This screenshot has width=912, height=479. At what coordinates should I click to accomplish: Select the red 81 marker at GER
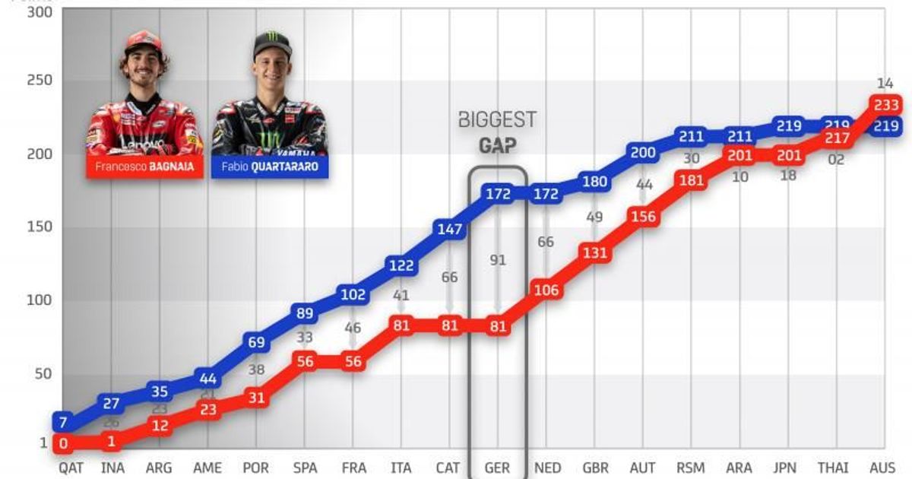(x=498, y=327)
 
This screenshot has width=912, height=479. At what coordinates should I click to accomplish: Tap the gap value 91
(x=498, y=260)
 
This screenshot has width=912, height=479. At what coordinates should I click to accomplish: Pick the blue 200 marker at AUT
(x=643, y=153)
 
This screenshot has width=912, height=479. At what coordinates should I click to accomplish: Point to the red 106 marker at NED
(x=546, y=290)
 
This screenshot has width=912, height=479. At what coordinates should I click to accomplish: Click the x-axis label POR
(x=256, y=468)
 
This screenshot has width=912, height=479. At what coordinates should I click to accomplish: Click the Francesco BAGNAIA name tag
(x=144, y=167)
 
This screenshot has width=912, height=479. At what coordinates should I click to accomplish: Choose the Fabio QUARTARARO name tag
(x=271, y=167)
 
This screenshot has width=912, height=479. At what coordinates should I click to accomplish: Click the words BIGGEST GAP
(x=498, y=131)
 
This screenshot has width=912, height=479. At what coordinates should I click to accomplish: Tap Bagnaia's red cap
(x=144, y=41)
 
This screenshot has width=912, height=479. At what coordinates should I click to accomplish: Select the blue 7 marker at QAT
(x=63, y=422)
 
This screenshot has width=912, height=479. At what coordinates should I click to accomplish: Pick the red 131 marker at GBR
(x=594, y=253)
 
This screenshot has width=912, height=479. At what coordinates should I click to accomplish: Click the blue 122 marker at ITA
(x=401, y=266)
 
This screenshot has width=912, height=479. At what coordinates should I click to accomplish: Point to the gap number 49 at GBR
(x=594, y=217)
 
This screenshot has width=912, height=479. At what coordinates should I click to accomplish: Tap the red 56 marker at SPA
(x=304, y=362)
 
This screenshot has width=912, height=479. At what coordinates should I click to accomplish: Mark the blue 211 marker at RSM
(x=691, y=137)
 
